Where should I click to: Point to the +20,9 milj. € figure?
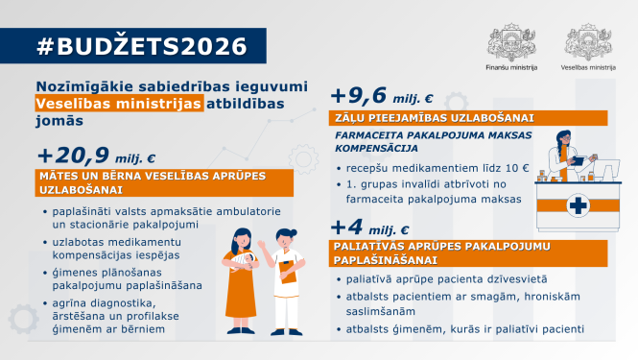pyautogui.click(x=95, y=156)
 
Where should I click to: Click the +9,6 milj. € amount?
pyautogui.click(x=382, y=96)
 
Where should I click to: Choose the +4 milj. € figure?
pyautogui.click(x=369, y=229)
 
